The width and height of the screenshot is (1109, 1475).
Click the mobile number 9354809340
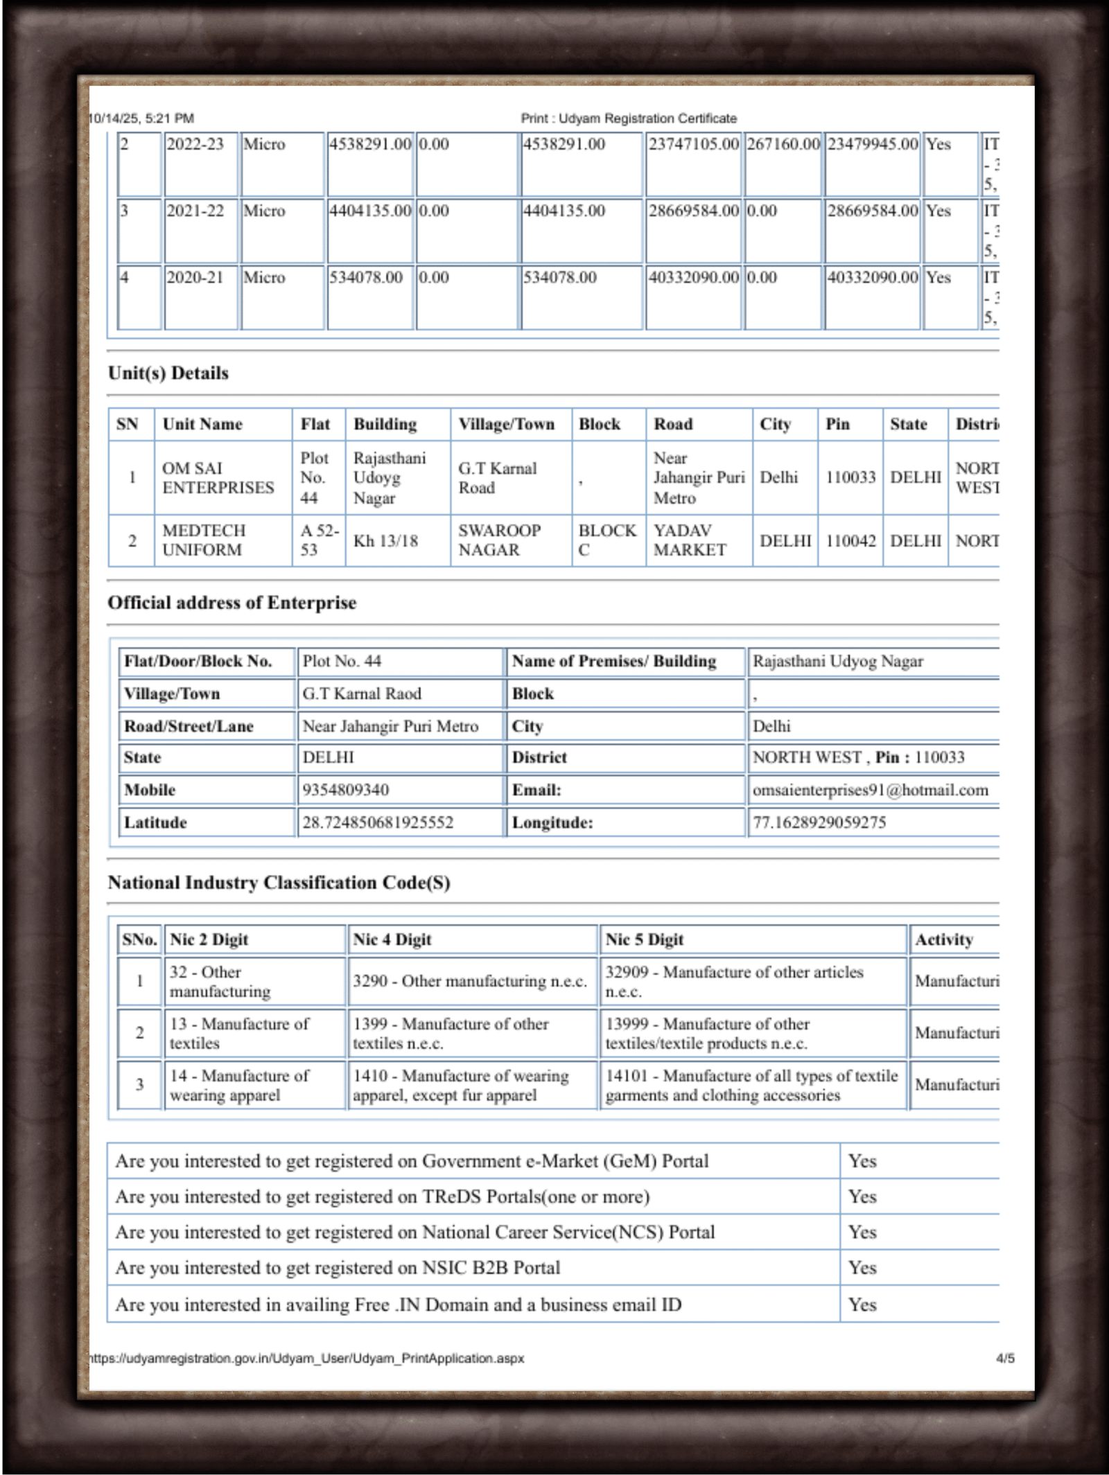[x=345, y=790]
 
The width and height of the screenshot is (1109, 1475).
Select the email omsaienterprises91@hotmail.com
[x=870, y=790]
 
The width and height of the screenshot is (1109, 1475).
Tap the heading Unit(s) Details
[x=168, y=373]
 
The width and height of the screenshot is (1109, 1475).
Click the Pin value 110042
[x=850, y=540]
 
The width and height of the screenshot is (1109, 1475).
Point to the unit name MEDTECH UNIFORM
[x=204, y=540]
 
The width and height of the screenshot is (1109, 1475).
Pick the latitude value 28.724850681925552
[x=378, y=822]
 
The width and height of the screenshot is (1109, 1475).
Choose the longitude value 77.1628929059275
[x=819, y=822]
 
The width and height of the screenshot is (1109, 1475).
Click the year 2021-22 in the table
[x=195, y=211]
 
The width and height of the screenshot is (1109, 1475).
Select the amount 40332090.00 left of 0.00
[x=693, y=277]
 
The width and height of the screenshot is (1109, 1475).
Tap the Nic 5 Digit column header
[x=644, y=939]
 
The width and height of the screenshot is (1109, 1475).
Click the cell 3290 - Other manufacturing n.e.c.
[x=469, y=981]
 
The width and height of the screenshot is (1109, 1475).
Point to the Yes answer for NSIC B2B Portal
[x=862, y=1267]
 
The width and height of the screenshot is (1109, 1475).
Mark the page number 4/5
[x=1004, y=1358]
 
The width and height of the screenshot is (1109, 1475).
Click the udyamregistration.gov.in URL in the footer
[x=306, y=1358]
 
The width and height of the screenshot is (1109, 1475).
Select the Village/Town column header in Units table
[x=506, y=424]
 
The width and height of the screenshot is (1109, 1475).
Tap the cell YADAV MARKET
[x=690, y=540]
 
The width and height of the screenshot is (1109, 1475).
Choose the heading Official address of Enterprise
[x=232, y=603]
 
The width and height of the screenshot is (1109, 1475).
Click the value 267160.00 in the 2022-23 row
[x=783, y=144]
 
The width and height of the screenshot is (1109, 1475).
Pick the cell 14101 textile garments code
[x=751, y=1085]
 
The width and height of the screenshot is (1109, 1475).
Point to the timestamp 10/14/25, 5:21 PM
[x=142, y=118]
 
